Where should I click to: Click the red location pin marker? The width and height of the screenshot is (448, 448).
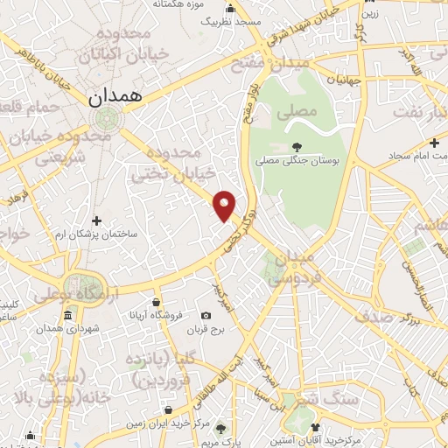[226, 206]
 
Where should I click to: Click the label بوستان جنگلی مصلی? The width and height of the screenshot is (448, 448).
[297, 161]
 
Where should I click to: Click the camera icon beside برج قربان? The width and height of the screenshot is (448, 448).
[206, 315]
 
